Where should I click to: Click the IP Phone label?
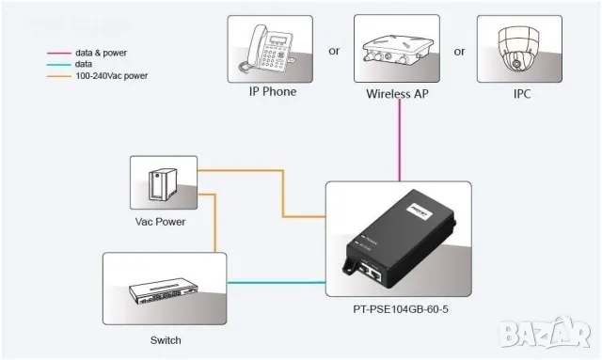[x=272, y=92]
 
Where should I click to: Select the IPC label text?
[x=522, y=93]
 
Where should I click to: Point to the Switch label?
[x=165, y=340]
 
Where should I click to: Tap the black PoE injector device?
[x=400, y=235]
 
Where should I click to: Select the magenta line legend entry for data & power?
[x=93, y=53]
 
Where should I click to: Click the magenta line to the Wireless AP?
[x=401, y=141]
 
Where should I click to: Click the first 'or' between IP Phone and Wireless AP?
[x=334, y=52]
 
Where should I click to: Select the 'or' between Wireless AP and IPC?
[x=460, y=52]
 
